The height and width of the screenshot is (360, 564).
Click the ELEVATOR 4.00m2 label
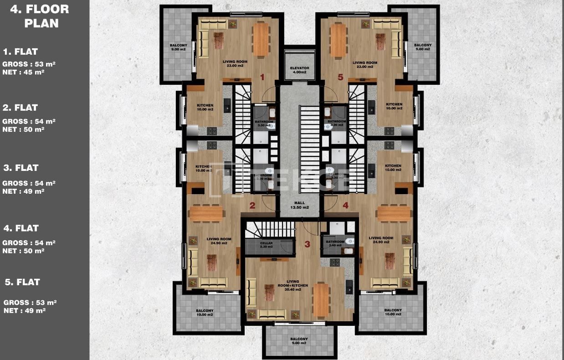pyautogui.click(x=299, y=70)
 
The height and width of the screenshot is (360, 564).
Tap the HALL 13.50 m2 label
pyautogui.click(x=299, y=205)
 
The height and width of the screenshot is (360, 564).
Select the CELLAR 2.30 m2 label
pyautogui.click(x=267, y=245)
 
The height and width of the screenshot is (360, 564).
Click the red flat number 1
pyautogui.click(x=262, y=77)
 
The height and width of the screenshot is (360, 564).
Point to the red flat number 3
pyautogui.click(x=307, y=244)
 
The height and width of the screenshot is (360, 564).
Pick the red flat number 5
pyautogui.click(x=340, y=77)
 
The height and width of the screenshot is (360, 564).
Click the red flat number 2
pyautogui.click(x=252, y=206)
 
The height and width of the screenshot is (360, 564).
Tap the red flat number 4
pyautogui.click(x=346, y=206)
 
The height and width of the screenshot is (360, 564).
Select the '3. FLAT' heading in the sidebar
pyautogui.click(x=21, y=168)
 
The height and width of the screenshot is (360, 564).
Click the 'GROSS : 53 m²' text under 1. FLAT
pyautogui.click(x=29, y=64)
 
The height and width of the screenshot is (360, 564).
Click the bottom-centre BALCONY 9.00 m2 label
pyautogui.click(x=299, y=341)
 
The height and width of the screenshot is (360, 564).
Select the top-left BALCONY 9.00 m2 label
pyautogui.click(x=178, y=47)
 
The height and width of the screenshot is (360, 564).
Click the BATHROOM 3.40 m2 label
pyautogui.click(x=335, y=244)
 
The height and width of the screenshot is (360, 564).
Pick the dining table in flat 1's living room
pyautogui.click(x=261, y=40)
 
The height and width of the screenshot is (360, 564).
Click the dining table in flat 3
pyautogui.click(x=321, y=300)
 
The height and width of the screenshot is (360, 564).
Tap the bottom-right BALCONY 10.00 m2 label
pyautogui.click(x=393, y=312)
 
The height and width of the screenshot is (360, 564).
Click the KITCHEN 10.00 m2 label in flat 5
pyautogui.click(x=394, y=106)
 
